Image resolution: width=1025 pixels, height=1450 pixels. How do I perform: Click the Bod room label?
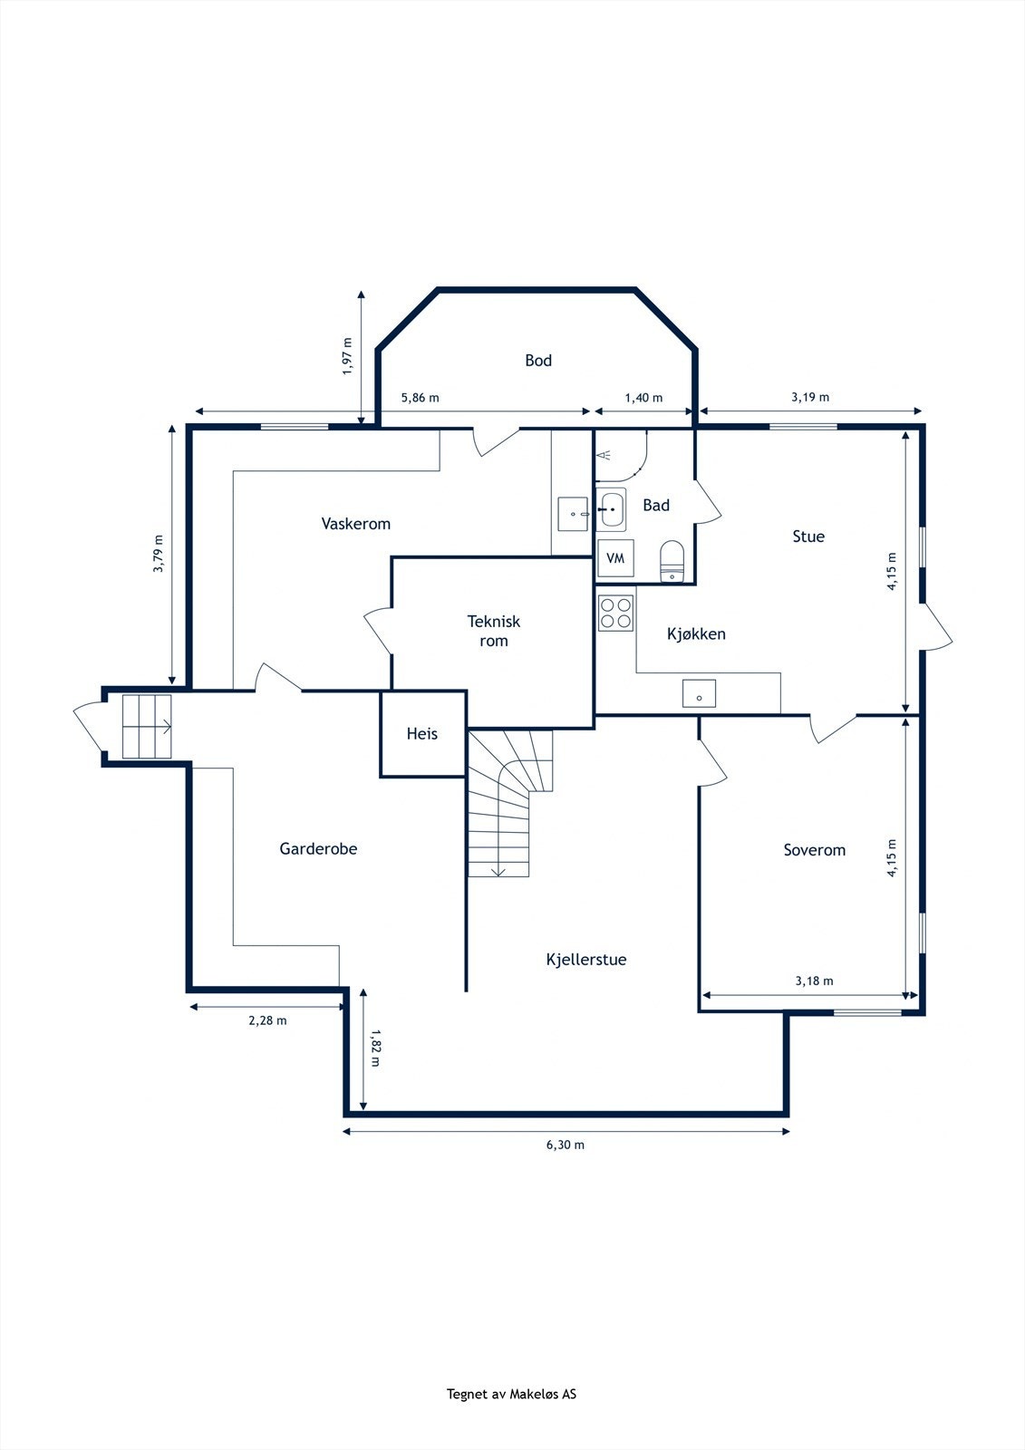tap(538, 361)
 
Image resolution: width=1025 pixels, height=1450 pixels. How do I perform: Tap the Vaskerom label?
tap(355, 524)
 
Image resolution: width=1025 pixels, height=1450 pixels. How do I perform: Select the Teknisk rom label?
tap(493, 631)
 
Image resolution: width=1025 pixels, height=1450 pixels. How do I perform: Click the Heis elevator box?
tap(422, 733)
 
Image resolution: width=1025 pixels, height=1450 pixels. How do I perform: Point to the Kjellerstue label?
tap(586, 960)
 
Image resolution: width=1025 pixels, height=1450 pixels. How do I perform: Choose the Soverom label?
tap(815, 850)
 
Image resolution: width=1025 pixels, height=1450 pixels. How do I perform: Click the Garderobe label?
tap(318, 848)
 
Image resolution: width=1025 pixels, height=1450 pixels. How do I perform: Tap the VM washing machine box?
tap(615, 558)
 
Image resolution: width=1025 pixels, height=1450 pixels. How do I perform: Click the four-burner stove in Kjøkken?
tap(615, 613)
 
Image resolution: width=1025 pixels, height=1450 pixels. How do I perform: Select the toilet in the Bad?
tap(672, 561)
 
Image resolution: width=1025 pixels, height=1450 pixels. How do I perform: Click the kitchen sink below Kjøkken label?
tap(699, 693)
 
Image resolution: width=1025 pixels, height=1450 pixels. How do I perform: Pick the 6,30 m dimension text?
tap(566, 1145)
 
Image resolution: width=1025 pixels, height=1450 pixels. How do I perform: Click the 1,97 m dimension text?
tap(348, 356)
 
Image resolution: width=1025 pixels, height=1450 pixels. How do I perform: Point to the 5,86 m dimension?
tap(421, 398)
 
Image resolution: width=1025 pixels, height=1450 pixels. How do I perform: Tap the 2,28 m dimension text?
tap(267, 1020)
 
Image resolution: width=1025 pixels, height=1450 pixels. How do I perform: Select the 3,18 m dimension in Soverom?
tap(814, 981)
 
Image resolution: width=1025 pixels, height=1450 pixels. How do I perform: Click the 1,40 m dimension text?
tap(643, 398)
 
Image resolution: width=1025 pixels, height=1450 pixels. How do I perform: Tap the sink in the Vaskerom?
tap(573, 514)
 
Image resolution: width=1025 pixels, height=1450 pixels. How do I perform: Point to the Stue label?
tap(808, 536)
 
